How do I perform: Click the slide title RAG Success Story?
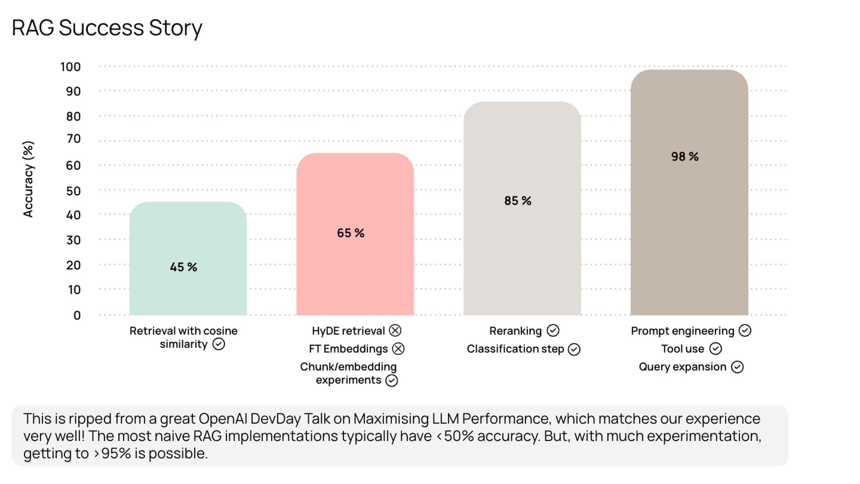point(107,28)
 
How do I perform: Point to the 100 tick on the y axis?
point(70,67)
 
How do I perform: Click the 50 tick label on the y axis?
point(73,191)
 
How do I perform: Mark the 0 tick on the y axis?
point(77,315)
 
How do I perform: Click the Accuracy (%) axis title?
point(28,179)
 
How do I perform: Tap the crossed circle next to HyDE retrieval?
point(395,331)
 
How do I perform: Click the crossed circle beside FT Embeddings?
point(398,349)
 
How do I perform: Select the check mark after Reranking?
point(553,331)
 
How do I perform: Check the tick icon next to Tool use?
point(716,349)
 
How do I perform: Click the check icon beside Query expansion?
point(737,367)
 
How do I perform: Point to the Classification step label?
point(515,349)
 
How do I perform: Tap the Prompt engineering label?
point(682,331)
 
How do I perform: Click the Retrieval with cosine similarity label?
point(183,337)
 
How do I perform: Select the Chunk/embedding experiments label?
point(348,373)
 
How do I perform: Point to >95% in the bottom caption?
point(112,454)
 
